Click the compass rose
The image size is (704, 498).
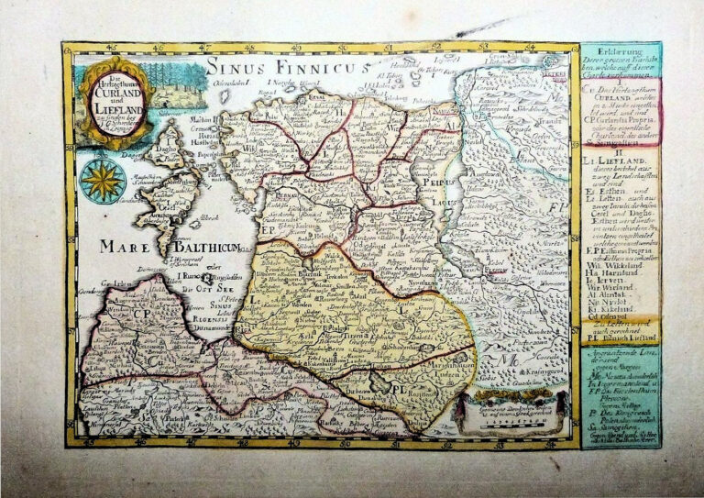pos(102,180)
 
